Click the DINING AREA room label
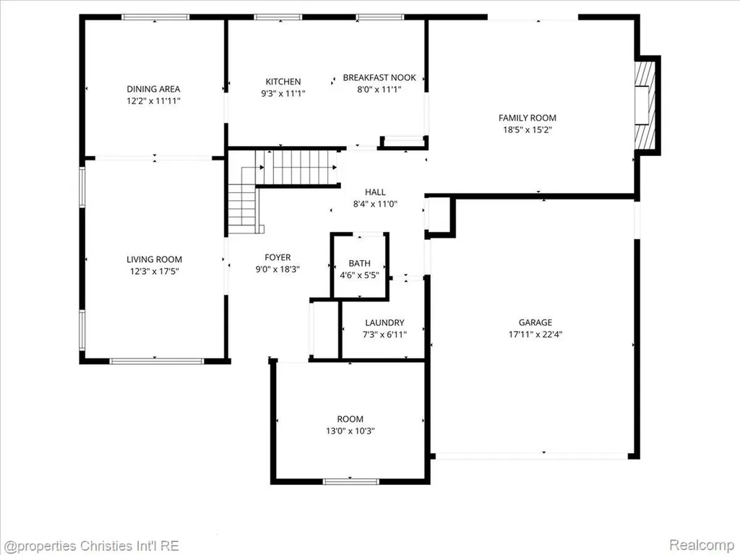tap(153, 89)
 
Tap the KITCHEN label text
tap(283, 82)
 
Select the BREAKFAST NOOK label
tap(379, 77)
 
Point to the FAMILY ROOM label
tap(527, 118)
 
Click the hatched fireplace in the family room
tap(645, 105)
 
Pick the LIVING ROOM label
tap(155, 259)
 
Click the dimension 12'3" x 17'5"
tap(155, 272)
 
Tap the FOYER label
tap(277, 257)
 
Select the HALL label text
tap(375, 192)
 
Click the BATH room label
tap(360, 263)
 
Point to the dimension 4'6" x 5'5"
tap(360, 275)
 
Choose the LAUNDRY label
tap(384, 323)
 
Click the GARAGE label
tap(535, 322)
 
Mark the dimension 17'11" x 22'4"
tap(535, 335)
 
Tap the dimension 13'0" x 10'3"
tap(350, 431)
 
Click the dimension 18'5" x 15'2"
tap(527, 130)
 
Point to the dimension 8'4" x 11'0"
tap(375, 204)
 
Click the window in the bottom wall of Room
tap(350, 482)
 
